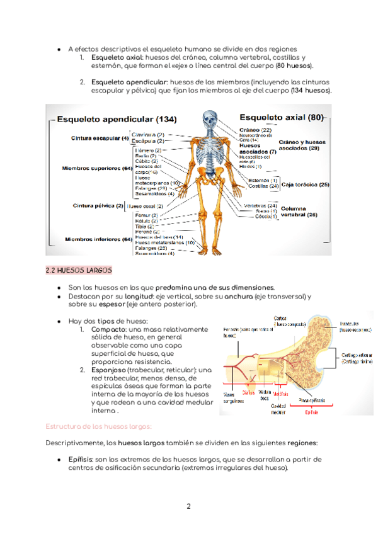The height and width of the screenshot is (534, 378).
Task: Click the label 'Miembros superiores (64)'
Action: pyautogui.click(x=96, y=169)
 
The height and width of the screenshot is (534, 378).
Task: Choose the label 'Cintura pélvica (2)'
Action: pyautogui.click(x=98, y=205)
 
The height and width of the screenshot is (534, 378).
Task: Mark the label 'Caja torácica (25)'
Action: pyautogui.click(x=306, y=185)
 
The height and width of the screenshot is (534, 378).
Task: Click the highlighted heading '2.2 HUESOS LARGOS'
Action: pyautogui.click(x=79, y=271)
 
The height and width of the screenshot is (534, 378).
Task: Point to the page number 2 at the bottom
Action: pyautogui.click(x=188, y=506)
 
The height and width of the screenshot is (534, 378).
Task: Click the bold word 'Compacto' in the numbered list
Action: pyautogui.click(x=108, y=329)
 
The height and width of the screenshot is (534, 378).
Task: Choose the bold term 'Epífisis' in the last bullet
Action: pyautogui.click(x=79, y=459)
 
